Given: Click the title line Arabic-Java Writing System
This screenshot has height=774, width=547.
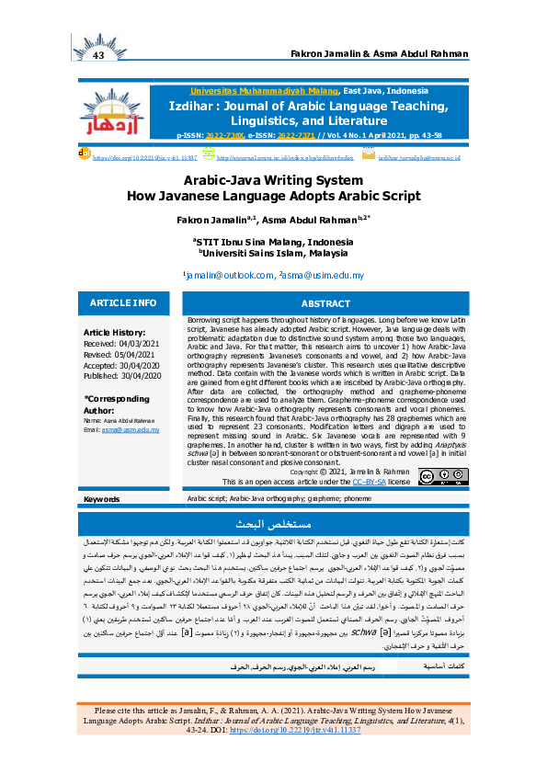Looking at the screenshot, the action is [273, 182].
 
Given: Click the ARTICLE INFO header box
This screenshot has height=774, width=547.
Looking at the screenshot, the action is [123, 303].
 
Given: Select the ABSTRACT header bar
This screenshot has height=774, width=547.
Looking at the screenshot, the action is [325, 303].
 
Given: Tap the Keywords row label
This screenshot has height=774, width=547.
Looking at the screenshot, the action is [101, 499].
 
